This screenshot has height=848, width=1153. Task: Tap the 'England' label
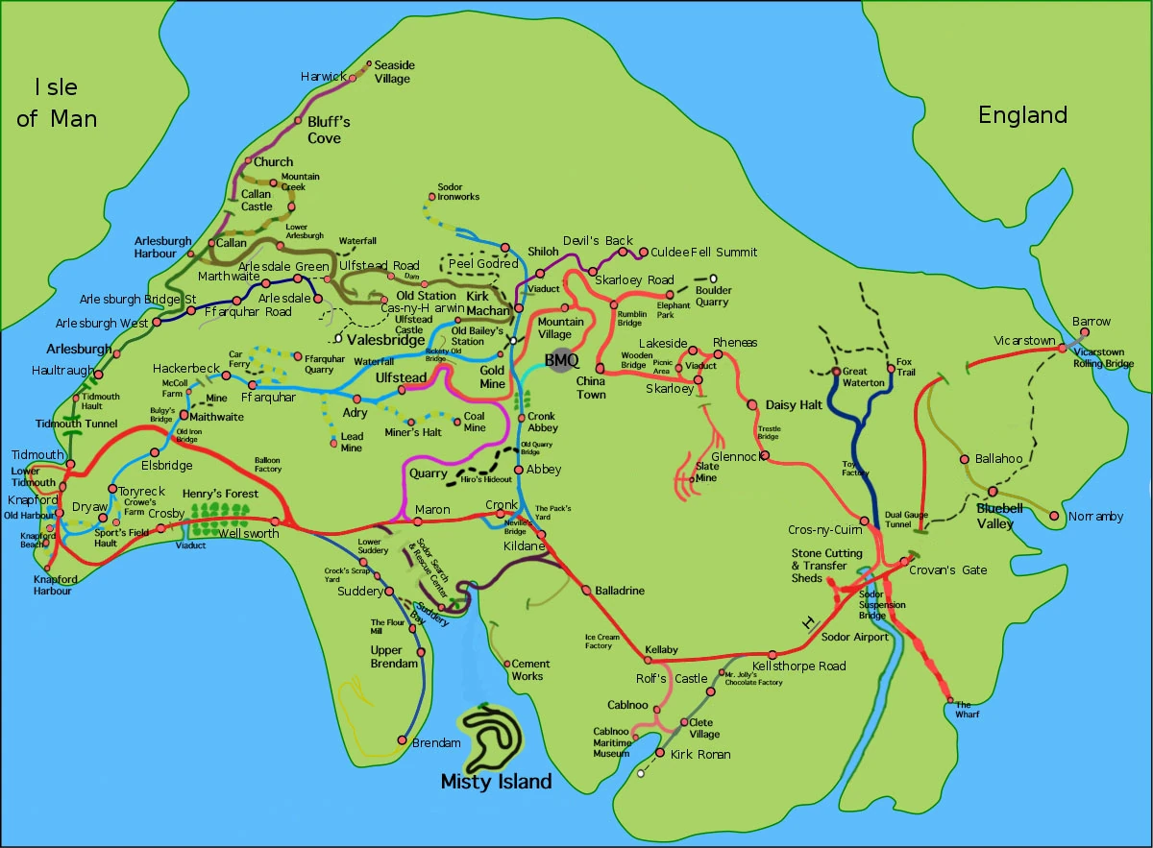pos(1022,115)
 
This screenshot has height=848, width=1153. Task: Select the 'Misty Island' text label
pos(496,781)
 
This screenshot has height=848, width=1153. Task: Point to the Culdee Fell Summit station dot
pos(643,253)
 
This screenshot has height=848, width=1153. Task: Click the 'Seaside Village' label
pos(392,72)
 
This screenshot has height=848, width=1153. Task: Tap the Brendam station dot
pos(403,740)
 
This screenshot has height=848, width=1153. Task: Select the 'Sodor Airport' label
pos(855,637)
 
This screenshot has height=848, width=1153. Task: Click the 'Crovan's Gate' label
pos(947,569)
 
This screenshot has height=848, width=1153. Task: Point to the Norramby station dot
pos(1055,517)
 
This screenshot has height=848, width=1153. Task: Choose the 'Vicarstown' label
pos(1025,341)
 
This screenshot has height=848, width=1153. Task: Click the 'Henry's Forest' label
pos(221,494)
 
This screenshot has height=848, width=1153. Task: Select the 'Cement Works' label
pos(530,669)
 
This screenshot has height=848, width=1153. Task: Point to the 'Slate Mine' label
pos(705,472)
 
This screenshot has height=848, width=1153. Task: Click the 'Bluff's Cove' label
pos(329,130)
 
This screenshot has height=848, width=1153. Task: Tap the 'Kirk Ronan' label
pos(699,754)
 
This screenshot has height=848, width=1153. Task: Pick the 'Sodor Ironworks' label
pos(457,192)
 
